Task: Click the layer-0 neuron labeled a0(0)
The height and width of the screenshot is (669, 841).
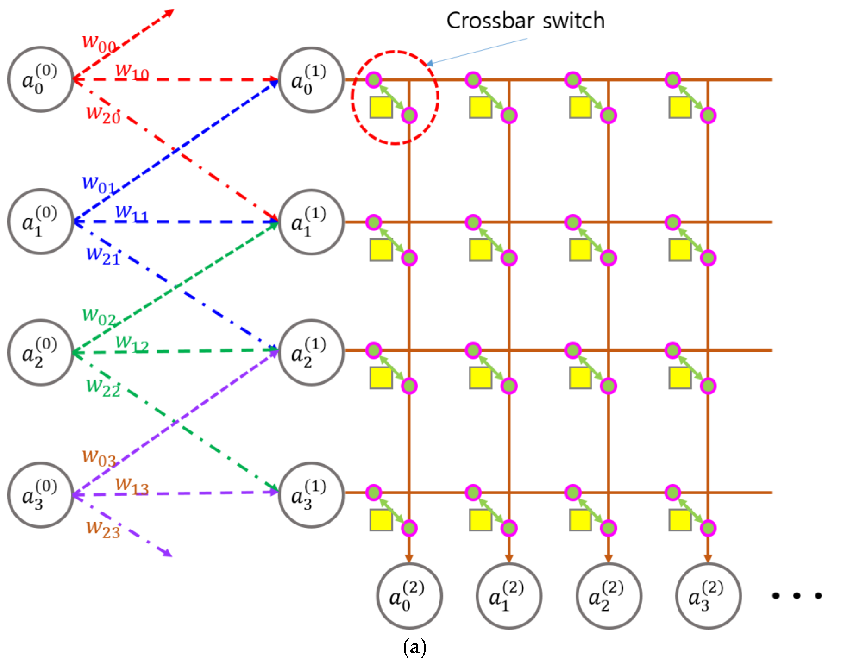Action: (40, 80)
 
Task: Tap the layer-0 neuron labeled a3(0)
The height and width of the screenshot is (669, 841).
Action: (40, 495)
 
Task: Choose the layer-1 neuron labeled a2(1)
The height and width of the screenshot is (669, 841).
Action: (311, 352)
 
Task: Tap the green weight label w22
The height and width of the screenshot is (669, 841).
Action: (103, 387)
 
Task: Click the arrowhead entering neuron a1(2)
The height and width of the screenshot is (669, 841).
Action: (509, 558)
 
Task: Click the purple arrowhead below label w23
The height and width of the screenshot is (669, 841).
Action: (167, 553)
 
